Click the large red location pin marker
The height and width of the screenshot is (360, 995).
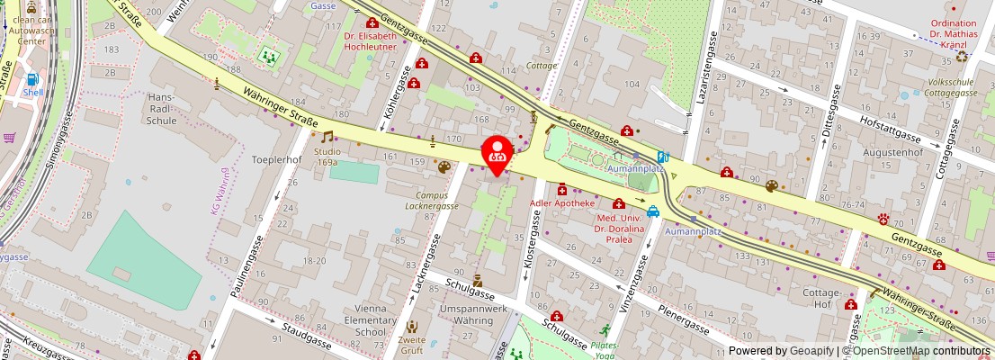(x=497, y=153)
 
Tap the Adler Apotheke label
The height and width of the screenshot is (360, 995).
(x=563, y=203)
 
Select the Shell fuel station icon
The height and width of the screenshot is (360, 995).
(x=33, y=80)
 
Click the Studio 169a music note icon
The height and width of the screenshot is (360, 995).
(x=327, y=138)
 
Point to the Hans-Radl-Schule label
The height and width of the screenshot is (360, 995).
(x=162, y=108)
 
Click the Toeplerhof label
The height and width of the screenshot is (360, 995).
(x=275, y=158)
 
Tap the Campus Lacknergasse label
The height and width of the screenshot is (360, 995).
(x=437, y=200)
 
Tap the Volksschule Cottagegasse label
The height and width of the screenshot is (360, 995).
(x=952, y=86)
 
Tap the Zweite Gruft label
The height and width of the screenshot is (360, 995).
(x=412, y=346)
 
